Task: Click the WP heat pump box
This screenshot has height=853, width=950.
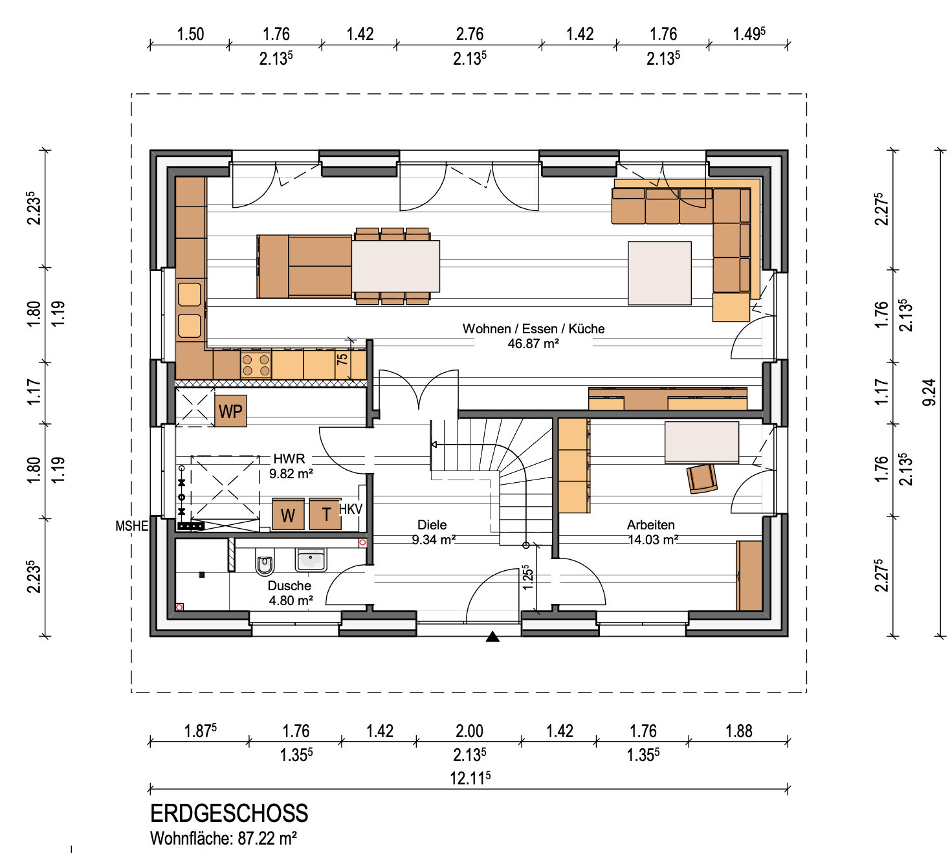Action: (x=230, y=411)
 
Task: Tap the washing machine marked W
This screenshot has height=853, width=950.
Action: (x=288, y=515)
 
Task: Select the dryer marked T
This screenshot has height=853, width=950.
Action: (x=326, y=515)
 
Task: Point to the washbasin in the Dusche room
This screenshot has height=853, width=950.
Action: (x=311, y=560)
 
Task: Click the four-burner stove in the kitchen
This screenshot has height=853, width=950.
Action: (x=256, y=365)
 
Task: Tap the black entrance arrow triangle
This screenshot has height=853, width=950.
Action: (x=492, y=636)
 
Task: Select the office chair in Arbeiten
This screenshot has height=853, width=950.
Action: (x=702, y=478)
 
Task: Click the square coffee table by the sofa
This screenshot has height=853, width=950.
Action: (x=659, y=273)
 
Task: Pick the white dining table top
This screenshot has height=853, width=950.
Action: (x=396, y=266)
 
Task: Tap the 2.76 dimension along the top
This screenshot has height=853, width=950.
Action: (x=470, y=34)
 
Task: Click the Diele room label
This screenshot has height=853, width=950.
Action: (x=432, y=524)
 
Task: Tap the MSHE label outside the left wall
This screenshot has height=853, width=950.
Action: (x=132, y=526)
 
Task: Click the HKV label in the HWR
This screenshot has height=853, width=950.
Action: (x=351, y=509)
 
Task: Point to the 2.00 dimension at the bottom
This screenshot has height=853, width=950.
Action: (x=469, y=731)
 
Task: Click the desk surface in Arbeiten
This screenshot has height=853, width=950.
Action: (x=701, y=442)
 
